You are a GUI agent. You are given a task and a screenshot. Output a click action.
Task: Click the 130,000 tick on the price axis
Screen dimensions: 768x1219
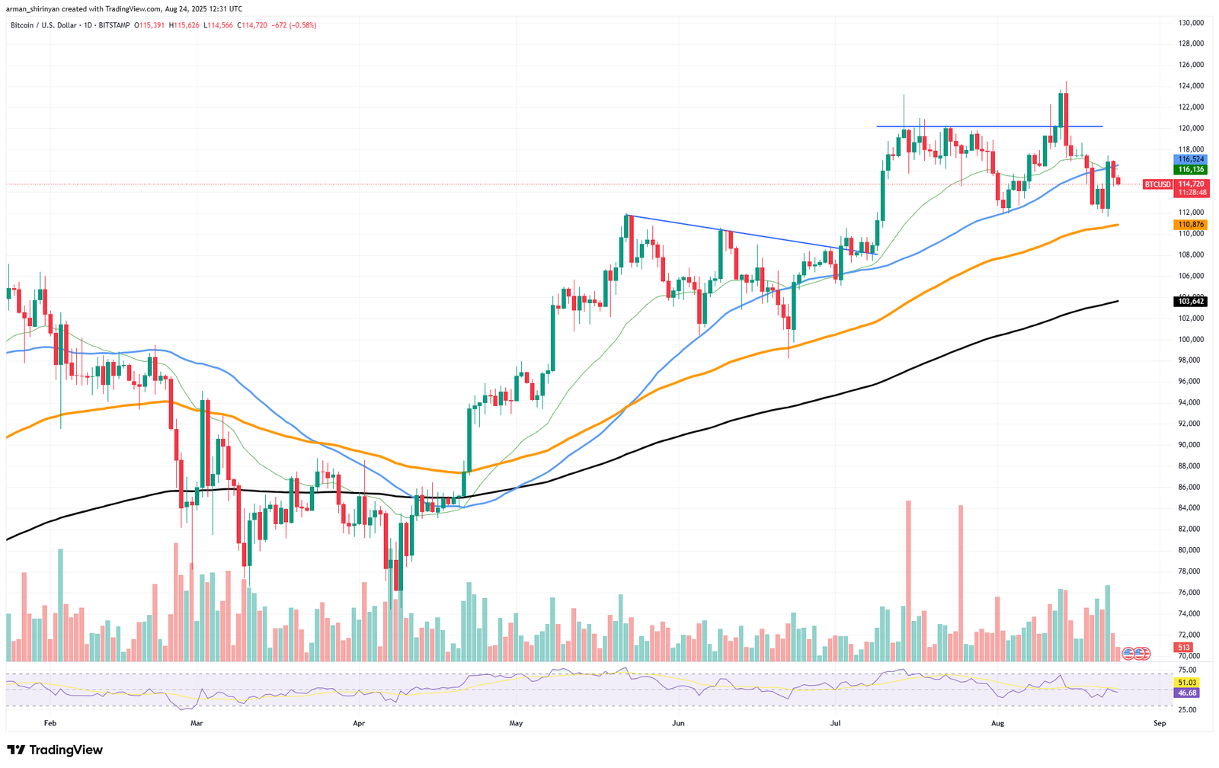point(1191,23)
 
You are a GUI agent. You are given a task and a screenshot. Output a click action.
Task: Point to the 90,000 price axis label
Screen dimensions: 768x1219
point(1191,444)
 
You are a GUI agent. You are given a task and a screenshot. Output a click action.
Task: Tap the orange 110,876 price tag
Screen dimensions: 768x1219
point(1190,225)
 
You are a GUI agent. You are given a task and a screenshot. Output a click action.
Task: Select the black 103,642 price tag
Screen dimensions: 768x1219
point(1190,301)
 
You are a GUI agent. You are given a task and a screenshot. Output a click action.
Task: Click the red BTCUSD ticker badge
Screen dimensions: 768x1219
point(1157,184)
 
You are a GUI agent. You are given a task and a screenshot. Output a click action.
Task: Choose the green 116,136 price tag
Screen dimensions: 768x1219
point(1190,169)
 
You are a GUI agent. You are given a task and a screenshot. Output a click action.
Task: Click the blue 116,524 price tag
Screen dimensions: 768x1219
point(1190,159)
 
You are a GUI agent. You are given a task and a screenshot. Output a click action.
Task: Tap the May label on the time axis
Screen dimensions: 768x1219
point(516,723)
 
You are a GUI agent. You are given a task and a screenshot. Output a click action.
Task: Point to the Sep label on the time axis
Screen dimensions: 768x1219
point(1160,723)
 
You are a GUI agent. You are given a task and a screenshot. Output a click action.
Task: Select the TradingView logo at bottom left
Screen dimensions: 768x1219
point(54,750)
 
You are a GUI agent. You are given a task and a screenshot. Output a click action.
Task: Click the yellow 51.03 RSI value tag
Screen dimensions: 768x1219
point(1186,683)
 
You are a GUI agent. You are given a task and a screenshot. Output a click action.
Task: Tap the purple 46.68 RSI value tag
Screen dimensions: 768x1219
point(1186,693)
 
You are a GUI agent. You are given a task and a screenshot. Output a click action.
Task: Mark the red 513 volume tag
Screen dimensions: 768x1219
point(1183,648)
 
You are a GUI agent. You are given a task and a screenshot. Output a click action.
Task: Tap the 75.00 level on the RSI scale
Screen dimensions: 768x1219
point(1186,670)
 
